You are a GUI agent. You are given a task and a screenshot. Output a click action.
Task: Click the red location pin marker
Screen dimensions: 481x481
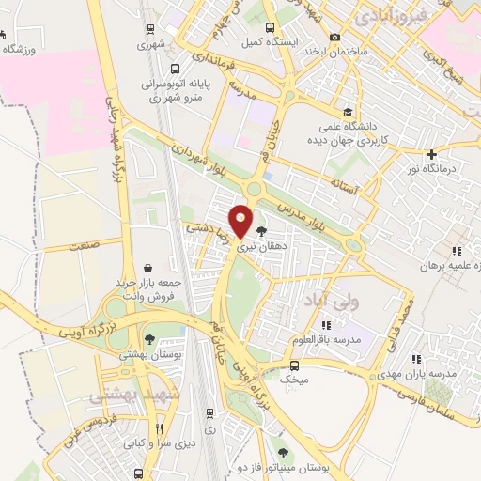[x=241, y=220]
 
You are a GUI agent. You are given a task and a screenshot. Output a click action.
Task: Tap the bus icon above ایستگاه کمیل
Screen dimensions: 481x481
[x=270, y=27]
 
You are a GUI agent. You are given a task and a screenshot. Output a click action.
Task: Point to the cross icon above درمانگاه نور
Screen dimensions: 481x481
[x=431, y=154]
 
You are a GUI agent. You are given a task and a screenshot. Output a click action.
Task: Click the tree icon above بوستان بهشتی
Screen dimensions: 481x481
[x=149, y=339]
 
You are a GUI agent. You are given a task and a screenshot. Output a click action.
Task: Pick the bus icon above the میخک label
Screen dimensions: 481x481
[x=295, y=365]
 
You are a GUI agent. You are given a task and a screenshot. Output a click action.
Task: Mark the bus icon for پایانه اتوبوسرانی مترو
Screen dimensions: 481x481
[x=176, y=68]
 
